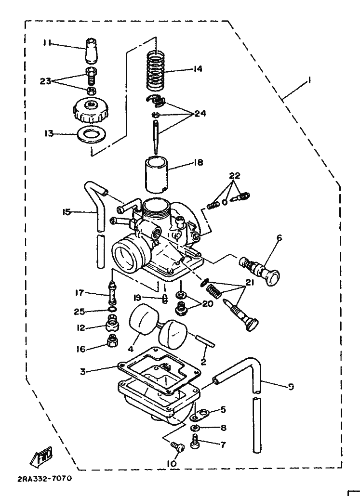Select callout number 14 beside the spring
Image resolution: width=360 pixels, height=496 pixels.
click(197, 68)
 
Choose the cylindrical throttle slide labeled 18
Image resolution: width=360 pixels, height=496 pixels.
click(157, 174)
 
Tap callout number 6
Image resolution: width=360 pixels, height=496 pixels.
click(279, 238)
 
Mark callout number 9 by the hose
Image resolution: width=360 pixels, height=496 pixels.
click(291, 387)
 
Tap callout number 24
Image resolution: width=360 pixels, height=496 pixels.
click(200, 113)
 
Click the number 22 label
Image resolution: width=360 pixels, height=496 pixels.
click(235, 175)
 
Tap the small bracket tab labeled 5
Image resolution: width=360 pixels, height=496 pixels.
click(198, 415)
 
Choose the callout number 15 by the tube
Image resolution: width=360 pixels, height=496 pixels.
click(67, 212)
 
